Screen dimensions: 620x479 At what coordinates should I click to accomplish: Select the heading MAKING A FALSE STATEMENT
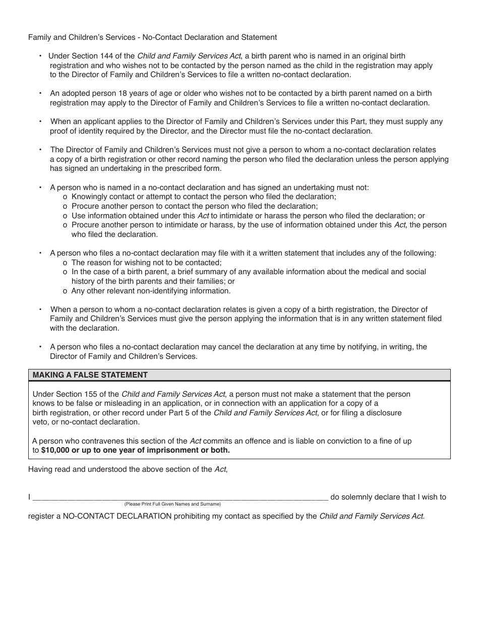[90, 375]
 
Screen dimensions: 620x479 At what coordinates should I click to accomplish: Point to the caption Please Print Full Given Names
[172, 504]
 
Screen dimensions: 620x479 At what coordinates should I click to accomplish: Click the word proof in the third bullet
[59, 131]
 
